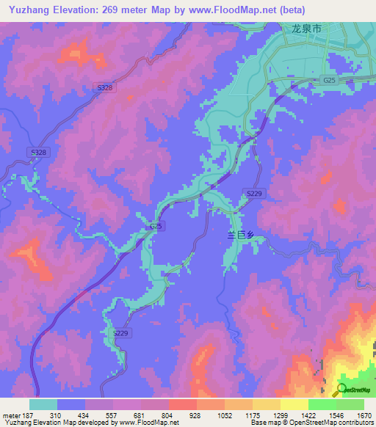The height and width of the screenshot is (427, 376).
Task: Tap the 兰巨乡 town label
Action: click(239, 234)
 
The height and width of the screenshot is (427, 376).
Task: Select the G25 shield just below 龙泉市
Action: click(328, 79)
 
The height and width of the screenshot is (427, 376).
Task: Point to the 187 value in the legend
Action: click(28, 415)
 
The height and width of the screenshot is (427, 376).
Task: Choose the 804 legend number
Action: click(167, 415)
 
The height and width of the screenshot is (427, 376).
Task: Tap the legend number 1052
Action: click(224, 415)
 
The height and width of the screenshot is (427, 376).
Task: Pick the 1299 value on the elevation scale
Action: click(280, 415)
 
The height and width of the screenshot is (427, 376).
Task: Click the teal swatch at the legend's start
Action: click(43, 404)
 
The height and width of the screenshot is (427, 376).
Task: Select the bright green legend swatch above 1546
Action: click(322, 404)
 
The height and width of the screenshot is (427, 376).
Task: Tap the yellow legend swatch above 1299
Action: click(294, 404)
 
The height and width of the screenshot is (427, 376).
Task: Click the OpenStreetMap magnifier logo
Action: click(342, 389)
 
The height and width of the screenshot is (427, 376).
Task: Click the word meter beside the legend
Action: click(10, 415)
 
